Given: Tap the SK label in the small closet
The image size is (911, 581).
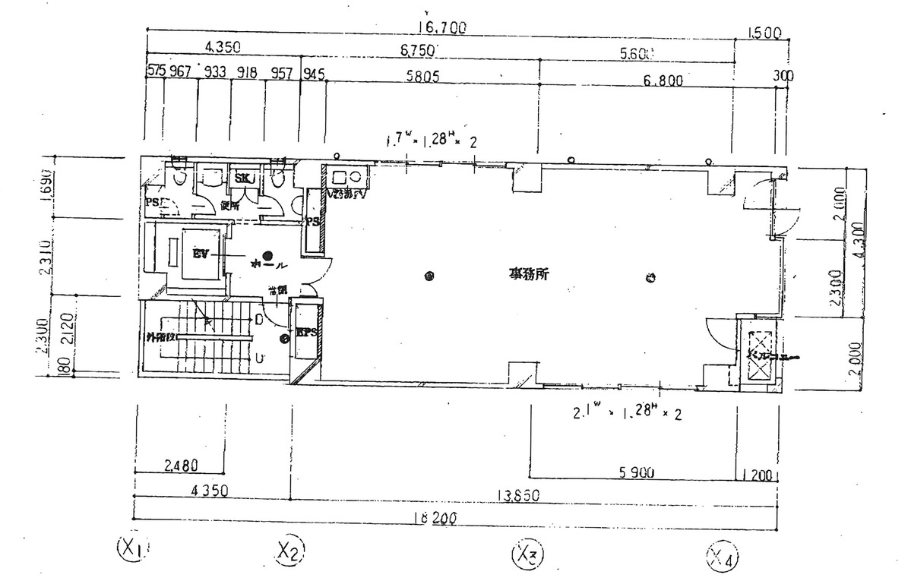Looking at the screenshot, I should pos(243,178).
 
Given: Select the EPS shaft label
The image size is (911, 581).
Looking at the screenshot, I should pos(307,333).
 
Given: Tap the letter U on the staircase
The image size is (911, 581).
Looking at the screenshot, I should pos(260,357).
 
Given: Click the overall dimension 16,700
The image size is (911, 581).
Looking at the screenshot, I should pos(441,28).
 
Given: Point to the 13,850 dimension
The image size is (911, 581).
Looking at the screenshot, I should pos(517,496).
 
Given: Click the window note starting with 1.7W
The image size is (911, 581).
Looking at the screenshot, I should pos(432,141).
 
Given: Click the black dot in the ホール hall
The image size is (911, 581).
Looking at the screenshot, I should pos(267,255).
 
